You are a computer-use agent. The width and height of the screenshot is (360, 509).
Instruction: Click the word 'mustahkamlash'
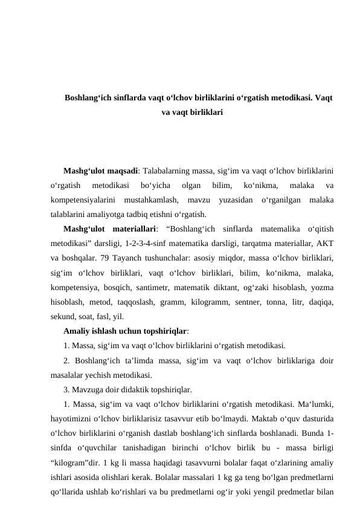(150, 199)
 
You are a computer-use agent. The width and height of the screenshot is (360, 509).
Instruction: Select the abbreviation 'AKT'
(327, 243)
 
